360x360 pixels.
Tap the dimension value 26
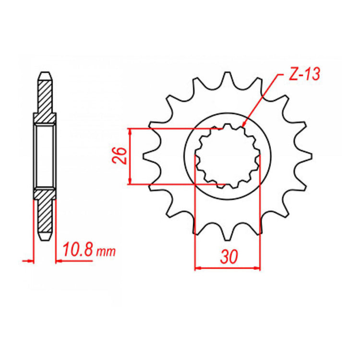click(121, 156)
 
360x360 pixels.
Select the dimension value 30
click(228, 258)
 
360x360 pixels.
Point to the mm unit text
click(106, 252)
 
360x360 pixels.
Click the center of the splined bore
click(227, 156)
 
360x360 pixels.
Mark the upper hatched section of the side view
click(44, 98)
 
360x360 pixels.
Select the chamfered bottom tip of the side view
click(44, 237)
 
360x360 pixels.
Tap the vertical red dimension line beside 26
click(130, 156)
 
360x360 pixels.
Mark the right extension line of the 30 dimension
click(260, 216)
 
